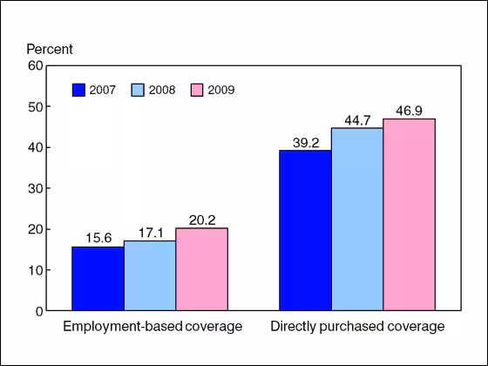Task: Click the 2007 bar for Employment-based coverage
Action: click(98, 279)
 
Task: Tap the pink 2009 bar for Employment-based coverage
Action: click(201, 269)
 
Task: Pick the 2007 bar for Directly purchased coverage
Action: click(305, 230)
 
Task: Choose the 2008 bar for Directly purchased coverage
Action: click(357, 219)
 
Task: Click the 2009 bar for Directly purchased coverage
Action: click(409, 214)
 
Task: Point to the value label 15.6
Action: click(98, 238)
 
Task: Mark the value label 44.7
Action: click(357, 119)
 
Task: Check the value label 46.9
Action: click(409, 110)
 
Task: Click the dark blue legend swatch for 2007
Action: click(79, 89)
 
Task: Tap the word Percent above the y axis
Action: click(49, 49)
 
